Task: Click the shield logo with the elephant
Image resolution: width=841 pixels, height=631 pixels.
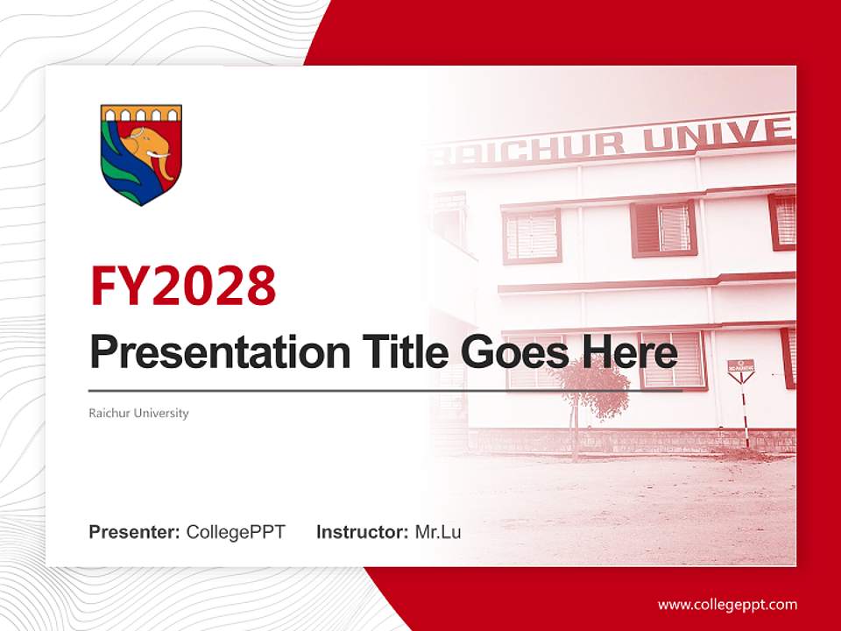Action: (x=141, y=154)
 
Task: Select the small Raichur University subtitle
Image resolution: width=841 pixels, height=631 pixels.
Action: (x=138, y=413)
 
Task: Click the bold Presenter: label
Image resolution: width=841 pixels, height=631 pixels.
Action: (x=134, y=532)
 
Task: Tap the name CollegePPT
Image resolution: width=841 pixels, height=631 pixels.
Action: (x=236, y=532)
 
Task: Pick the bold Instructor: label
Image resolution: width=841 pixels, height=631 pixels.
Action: (x=362, y=532)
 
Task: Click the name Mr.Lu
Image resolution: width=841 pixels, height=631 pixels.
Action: (x=438, y=532)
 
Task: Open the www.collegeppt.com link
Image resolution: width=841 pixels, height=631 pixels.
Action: (x=727, y=605)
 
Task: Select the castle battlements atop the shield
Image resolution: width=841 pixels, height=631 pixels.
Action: (x=141, y=114)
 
